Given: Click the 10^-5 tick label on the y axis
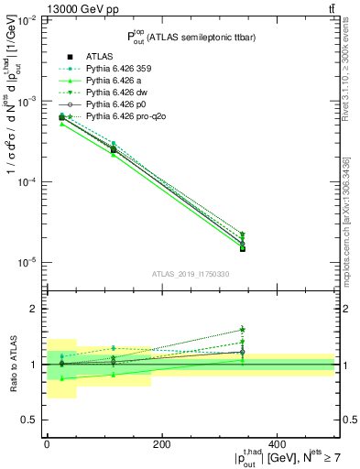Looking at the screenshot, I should [x=26, y=263].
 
